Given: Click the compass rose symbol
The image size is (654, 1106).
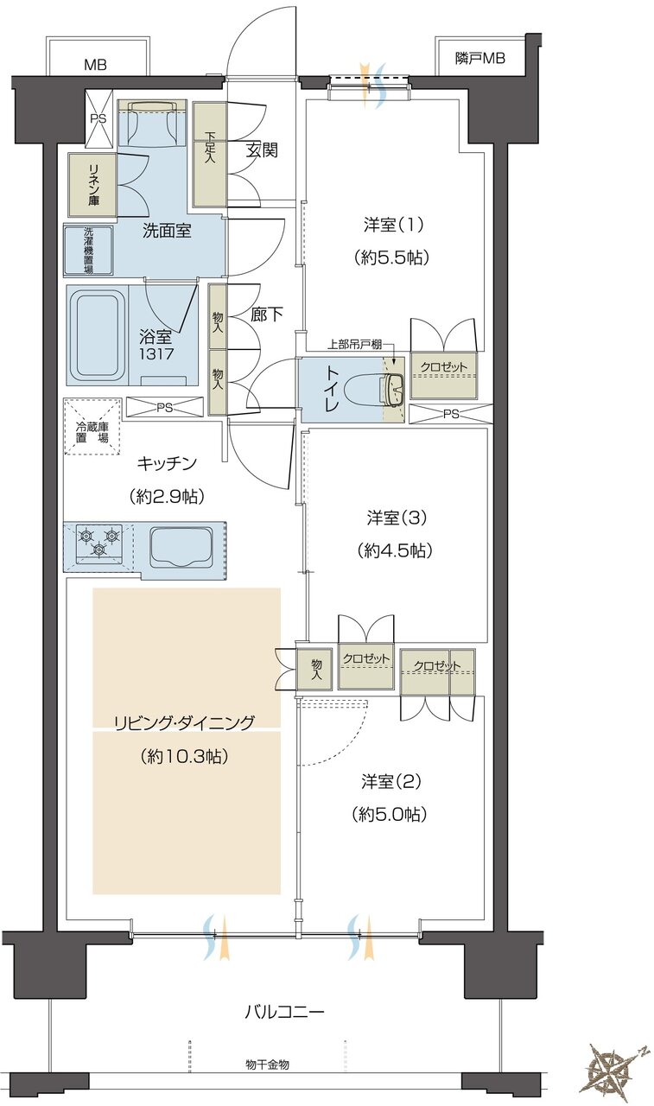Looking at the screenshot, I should coord(616,1070).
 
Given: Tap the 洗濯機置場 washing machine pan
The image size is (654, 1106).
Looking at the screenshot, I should coord(89,250).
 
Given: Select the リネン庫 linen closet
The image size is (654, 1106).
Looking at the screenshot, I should coord(92,185).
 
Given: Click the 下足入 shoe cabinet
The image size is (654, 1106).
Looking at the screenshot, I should coord(209,155).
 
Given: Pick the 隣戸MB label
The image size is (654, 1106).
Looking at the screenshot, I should coord(479,59).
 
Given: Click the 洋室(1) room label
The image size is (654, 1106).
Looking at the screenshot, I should coord(392,225).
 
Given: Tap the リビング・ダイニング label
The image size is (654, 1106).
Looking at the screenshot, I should coord(185,723).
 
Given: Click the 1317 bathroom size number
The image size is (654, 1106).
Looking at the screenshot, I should coord(158,353).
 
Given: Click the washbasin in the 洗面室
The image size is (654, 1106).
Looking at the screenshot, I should coord(153,125).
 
